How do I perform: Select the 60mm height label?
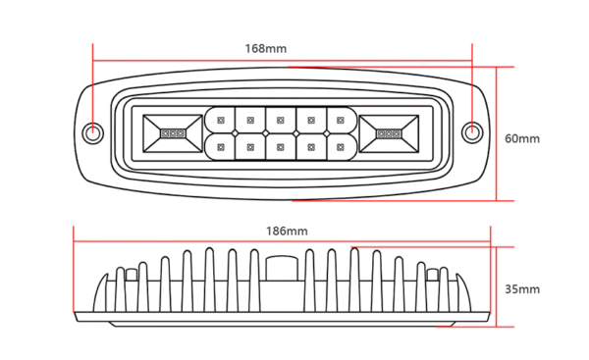coord(522,138)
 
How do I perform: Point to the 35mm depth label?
coord(522,289)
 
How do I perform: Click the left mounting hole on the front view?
coord(94,132)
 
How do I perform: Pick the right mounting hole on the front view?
coord(472,132)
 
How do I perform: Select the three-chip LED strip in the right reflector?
coord(390,132)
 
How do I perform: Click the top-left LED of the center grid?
coord(221,120)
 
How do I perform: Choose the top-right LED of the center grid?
coord(341,120)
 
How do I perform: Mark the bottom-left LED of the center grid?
coord(221,147)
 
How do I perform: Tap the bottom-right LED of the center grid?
coord(341,147)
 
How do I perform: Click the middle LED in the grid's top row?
coord(281,120)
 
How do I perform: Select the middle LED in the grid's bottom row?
coord(281,147)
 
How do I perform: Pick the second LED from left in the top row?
coord(250,120)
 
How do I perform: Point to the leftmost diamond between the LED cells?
coord(236,133)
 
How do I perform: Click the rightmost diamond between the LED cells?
coord(326,133)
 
